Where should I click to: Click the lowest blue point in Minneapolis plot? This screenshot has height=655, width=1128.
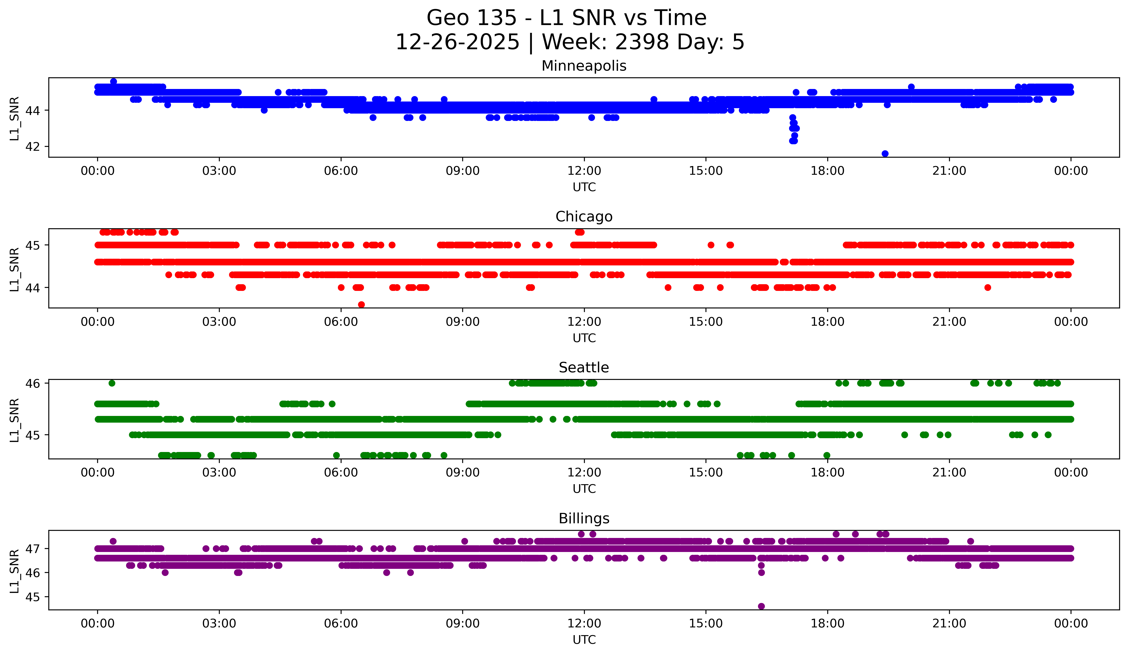pyautogui.click(x=885, y=154)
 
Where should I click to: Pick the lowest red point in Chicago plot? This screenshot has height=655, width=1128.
pyautogui.click(x=361, y=305)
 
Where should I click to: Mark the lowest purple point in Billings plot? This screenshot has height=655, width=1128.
pyautogui.click(x=761, y=606)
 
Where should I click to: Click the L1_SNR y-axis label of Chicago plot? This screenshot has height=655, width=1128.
pyautogui.click(x=14, y=269)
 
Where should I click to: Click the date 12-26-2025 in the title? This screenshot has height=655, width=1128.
pyautogui.click(x=457, y=42)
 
